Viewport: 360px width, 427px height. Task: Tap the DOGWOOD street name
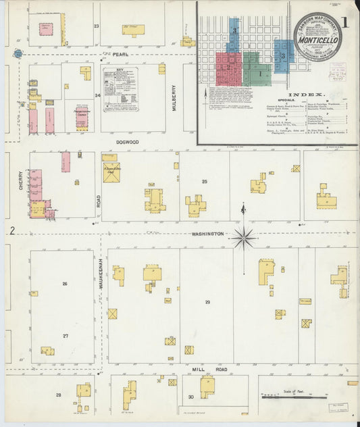[x=127, y=142]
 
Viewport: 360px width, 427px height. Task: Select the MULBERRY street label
[x=174, y=97]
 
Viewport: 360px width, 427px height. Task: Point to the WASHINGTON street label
[x=207, y=233]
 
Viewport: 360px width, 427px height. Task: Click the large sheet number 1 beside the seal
[x=344, y=22]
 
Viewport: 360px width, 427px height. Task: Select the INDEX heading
[x=305, y=95]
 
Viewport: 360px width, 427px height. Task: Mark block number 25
[x=204, y=181]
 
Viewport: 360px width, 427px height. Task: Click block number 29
[x=207, y=302]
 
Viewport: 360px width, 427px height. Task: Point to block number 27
[x=66, y=336]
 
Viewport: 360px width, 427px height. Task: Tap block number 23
[x=97, y=26]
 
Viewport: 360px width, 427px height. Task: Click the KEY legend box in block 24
[x=120, y=89]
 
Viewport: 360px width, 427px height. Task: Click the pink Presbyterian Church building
[x=82, y=117]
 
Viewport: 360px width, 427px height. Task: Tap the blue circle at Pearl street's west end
[x=18, y=53]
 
